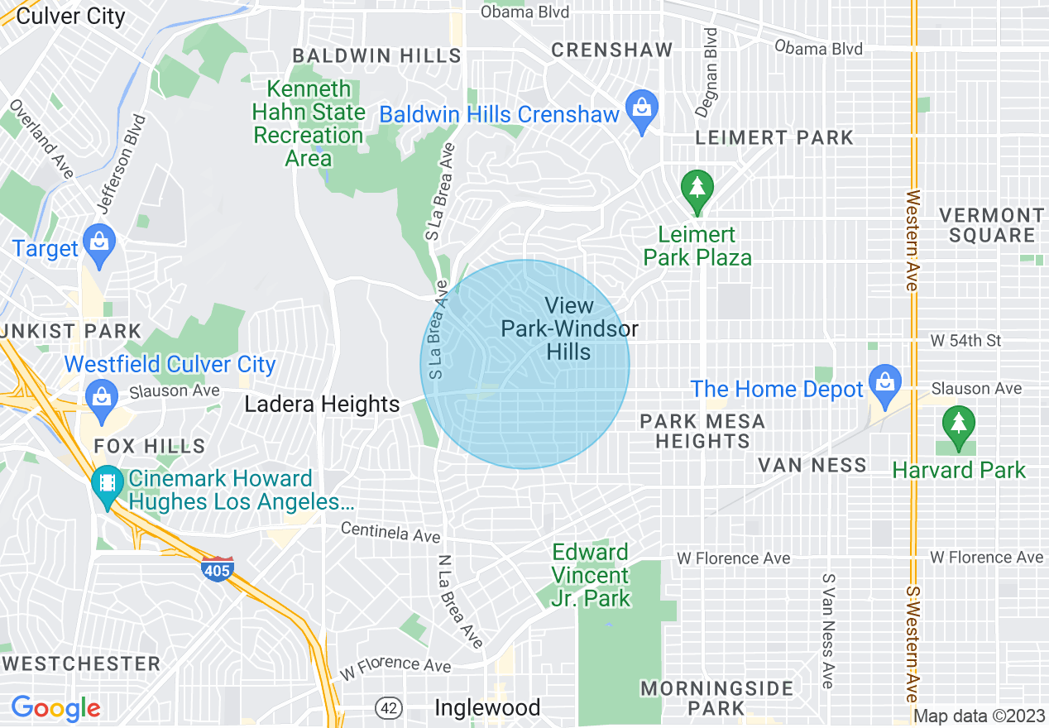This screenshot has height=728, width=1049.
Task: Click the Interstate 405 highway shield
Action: (217, 568)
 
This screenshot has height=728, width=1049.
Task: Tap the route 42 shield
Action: (388, 708)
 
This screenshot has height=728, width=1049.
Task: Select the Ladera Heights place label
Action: (323, 405)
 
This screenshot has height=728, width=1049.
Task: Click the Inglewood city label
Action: (488, 708)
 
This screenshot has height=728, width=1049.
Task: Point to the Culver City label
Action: (71, 16)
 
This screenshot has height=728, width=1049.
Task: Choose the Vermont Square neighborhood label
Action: (992, 225)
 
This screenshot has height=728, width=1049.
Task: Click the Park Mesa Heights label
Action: (702, 431)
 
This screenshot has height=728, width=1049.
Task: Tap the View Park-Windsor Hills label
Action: (569, 328)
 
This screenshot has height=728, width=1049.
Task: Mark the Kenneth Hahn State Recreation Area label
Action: (309, 123)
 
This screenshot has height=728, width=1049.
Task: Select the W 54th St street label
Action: (965, 341)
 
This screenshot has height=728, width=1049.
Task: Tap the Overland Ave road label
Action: (41, 140)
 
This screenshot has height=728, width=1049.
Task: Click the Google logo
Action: (55, 708)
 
